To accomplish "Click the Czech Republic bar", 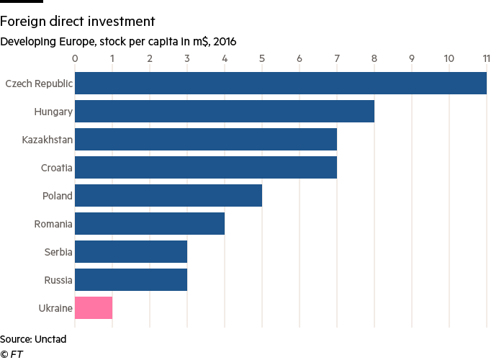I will tap(281, 84).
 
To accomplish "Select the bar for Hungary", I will tap(225, 112).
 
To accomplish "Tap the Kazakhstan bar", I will tap(206, 140).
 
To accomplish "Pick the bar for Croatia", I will tap(206, 168).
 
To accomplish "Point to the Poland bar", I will tap(168, 196).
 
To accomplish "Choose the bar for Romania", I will tap(150, 224).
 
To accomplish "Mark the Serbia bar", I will tap(131, 252).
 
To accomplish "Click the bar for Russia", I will tap(131, 280).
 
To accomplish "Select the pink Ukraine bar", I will tap(94, 308).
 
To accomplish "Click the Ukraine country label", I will tap(55, 308).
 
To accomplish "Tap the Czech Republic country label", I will tap(39, 84).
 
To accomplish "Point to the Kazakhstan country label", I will tap(48, 140).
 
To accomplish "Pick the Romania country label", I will tap(53, 224).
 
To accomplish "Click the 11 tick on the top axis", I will tap(487, 58).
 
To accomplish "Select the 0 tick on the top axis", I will tap(75, 58).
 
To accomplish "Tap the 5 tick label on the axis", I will tap(262, 58).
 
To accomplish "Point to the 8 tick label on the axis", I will tap(374, 58).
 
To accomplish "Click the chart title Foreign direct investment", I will tap(78, 22).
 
